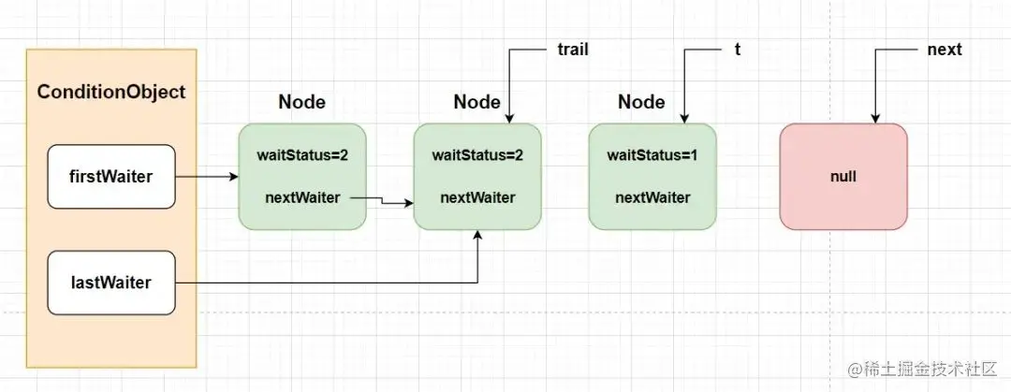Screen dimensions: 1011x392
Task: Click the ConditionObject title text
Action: (110, 92)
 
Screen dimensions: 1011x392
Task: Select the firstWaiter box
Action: (111, 177)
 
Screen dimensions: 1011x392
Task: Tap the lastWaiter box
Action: (111, 283)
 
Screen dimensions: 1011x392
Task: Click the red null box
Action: (843, 177)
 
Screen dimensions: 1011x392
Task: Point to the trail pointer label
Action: (573, 50)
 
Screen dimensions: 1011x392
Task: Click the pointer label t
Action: (738, 50)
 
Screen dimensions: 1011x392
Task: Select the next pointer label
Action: (945, 50)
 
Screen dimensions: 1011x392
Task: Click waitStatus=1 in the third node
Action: (652, 155)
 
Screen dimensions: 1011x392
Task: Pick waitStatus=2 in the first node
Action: (302, 155)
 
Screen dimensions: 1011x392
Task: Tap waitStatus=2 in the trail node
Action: (477, 155)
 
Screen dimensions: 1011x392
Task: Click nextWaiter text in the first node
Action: (302, 197)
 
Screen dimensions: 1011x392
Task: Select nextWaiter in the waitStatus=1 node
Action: (652, 197)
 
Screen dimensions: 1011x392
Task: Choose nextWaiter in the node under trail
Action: (477, 197)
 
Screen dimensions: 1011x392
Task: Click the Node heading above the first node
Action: (301, 102)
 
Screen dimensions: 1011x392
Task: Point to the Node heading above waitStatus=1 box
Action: (641, 102)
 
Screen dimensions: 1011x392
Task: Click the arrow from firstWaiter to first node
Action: (207, 177)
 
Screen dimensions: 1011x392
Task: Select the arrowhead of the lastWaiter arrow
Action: (477, 235)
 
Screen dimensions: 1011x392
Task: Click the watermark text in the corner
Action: (923, 369)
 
